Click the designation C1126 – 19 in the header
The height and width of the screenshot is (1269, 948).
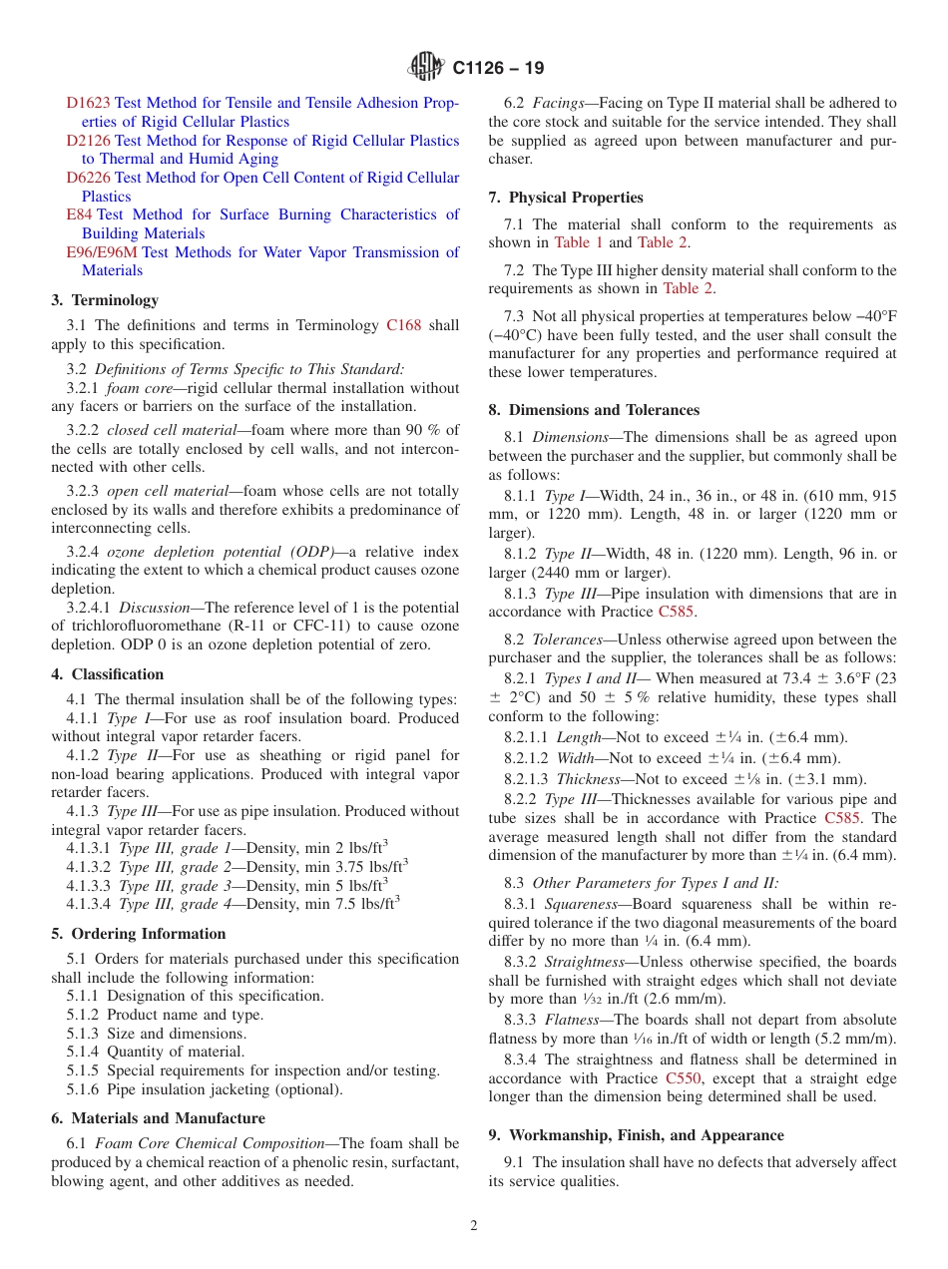(498, 69)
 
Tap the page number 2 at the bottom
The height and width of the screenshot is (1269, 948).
(474, 1226)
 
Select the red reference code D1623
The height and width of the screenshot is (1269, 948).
(89, 103)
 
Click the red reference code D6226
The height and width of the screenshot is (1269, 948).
(89, 178)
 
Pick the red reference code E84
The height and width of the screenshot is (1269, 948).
(79, 214)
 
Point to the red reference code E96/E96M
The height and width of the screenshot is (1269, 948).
(102, 252)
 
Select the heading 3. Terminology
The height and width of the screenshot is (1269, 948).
(105, 300)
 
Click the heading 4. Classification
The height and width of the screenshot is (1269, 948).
(108, 674)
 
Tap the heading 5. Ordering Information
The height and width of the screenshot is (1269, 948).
(139, 934)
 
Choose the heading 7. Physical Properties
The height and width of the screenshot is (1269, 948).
(566, 198)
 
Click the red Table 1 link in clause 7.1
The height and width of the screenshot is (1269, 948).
(579, 242)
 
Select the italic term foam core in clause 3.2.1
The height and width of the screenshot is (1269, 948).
(138, 388)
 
